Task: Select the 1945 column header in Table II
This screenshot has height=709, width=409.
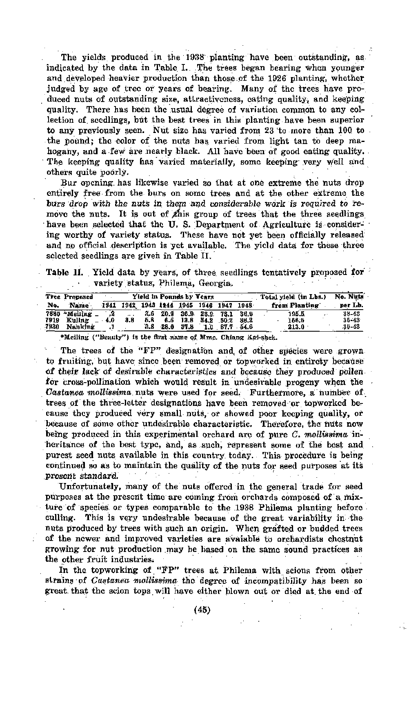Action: coord(187,305)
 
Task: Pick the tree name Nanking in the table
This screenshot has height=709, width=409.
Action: coord(80,327)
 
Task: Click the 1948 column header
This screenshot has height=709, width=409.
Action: coord(245,305)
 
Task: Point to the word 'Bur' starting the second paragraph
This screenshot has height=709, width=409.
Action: coord(68,182)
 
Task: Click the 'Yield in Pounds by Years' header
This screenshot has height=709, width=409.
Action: coord(173,297)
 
